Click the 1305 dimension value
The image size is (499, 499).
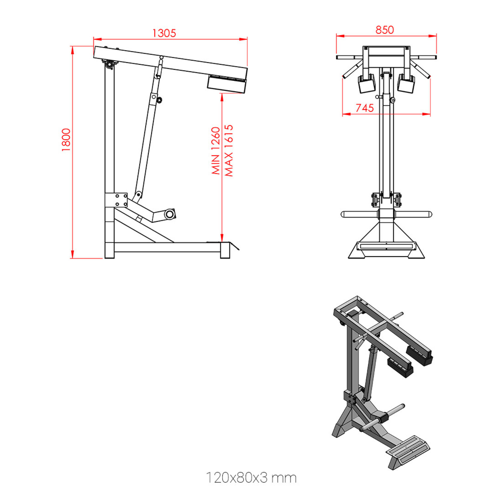[x=164, y=33]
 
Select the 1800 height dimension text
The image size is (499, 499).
[x=66, y=140]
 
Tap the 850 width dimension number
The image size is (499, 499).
[x=385, y=30]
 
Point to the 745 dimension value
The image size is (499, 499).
[x=365, y=108]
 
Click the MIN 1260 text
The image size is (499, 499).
[x=216, y=150]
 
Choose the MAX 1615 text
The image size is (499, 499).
[x=229, y=150]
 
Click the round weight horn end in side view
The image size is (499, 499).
[x=170, y=214]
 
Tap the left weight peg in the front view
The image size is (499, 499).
[x=359, y=214]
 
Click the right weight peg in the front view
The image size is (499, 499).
[x=414, y=214]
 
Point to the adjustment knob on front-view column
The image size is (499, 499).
[x=392, y=100]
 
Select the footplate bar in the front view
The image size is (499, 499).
[x=386, y=246]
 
